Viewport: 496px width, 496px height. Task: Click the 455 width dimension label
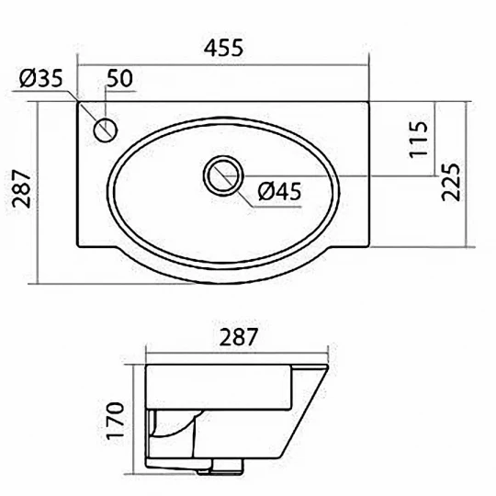click(x=223, y=48)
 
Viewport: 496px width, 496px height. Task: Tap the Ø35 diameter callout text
click(x=41, y=78)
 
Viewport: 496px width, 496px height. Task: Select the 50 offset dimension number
click(x=119, y=78)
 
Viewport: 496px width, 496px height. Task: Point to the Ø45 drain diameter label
click(x=279, y=192)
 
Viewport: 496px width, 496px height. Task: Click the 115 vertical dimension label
click(x=419, y=140)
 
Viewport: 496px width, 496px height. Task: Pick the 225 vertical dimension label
click(x=450, y=182)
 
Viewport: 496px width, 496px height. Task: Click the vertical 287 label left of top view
click(x=21, y=189)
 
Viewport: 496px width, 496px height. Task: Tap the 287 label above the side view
click(x=239, y=337)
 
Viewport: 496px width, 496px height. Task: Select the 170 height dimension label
click(x=115, y=421)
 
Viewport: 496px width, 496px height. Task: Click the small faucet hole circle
click(x=106, y=130)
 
